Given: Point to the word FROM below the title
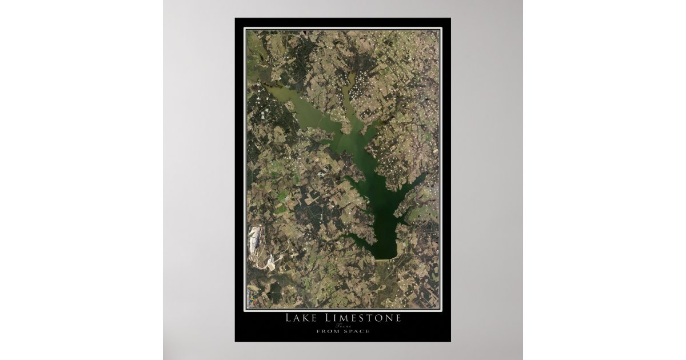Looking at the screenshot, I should click(326, 331).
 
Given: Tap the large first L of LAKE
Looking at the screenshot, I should click(288, 318).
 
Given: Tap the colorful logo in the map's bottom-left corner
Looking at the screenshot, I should click(250, 299).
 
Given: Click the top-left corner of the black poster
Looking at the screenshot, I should click(236, 19).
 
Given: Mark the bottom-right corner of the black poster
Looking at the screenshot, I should click(450, 341).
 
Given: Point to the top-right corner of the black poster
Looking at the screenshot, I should click(450, 19).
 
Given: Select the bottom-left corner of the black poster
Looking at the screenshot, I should click(236, 341).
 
